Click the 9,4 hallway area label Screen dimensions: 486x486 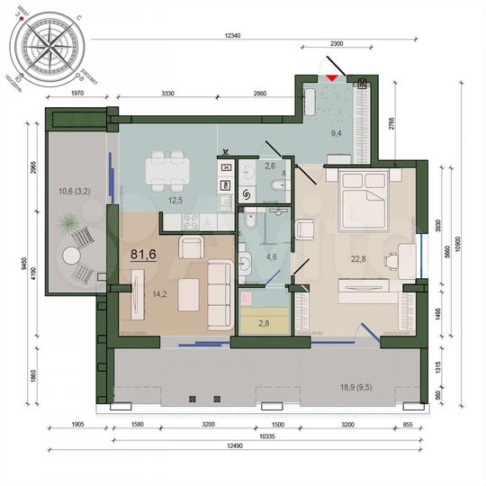click(x=337, y=134)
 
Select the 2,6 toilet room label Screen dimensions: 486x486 click(x=269, y=166)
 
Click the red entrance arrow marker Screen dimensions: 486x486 click(x=333, y=78)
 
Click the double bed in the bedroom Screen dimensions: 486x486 click(x=363, y=192)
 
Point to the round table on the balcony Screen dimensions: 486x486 click(x=71, y=256)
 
